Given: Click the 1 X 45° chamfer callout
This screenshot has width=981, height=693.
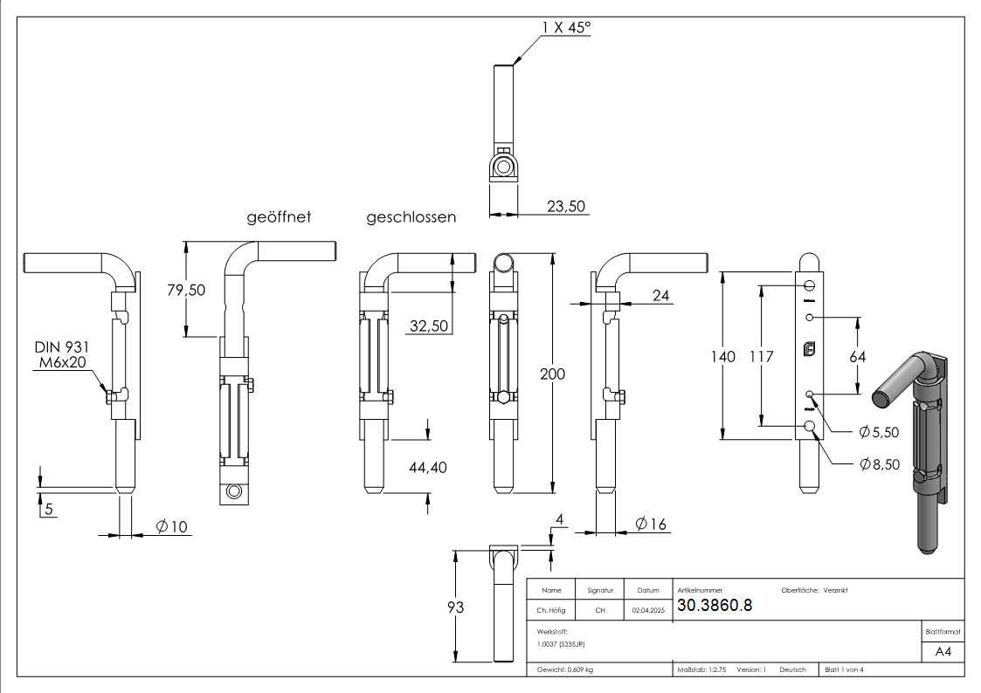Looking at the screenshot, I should (566, 28).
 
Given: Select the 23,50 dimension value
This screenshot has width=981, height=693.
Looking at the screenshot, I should (566, 206).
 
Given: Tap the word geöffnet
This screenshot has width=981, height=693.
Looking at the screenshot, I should (279, 216).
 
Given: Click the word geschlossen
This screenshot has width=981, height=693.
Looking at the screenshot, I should (411, 217).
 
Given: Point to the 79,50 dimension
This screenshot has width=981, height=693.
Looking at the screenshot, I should (185, 290).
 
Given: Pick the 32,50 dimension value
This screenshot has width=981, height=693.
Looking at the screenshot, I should (429, 326).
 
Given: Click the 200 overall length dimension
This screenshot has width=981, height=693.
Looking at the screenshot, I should (552, 374).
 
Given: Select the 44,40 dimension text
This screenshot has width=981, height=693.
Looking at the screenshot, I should (428, 468).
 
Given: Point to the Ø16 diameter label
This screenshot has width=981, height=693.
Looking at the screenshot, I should (651, 524).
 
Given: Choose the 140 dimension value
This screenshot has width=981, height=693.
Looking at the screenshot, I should (722, 356).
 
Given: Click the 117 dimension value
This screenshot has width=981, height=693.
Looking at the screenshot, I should (762, 356).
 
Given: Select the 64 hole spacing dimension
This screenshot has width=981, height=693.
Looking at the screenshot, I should (857, 356).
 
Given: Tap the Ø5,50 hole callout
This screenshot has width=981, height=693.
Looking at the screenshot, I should (879, 431).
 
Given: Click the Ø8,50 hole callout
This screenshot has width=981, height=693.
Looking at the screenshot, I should (879, 464).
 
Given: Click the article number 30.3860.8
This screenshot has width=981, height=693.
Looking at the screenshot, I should (715, 606).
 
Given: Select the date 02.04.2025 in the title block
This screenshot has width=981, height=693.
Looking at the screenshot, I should (648, 611).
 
